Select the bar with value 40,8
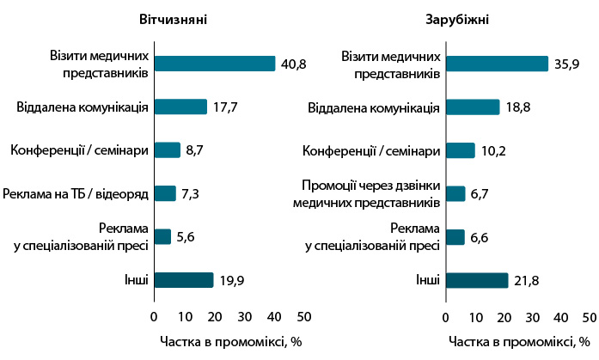pyautogui.click(x=214, y=64)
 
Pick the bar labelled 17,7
pyautogui.click(x=180, y=107)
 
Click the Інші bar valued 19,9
pyautogui.click(x=183, y=279)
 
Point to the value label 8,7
pyautogui.click(x=194, y=150)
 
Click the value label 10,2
pyautogui.click(x=492, y=150)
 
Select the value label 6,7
pyautogui.click(x=480, y=193)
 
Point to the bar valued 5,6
pyautogui.click(x=162, y=236)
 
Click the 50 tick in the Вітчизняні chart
pyautogui.click(x=304, y=314)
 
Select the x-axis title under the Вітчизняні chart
pyautogui.click(x=227, y=340)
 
